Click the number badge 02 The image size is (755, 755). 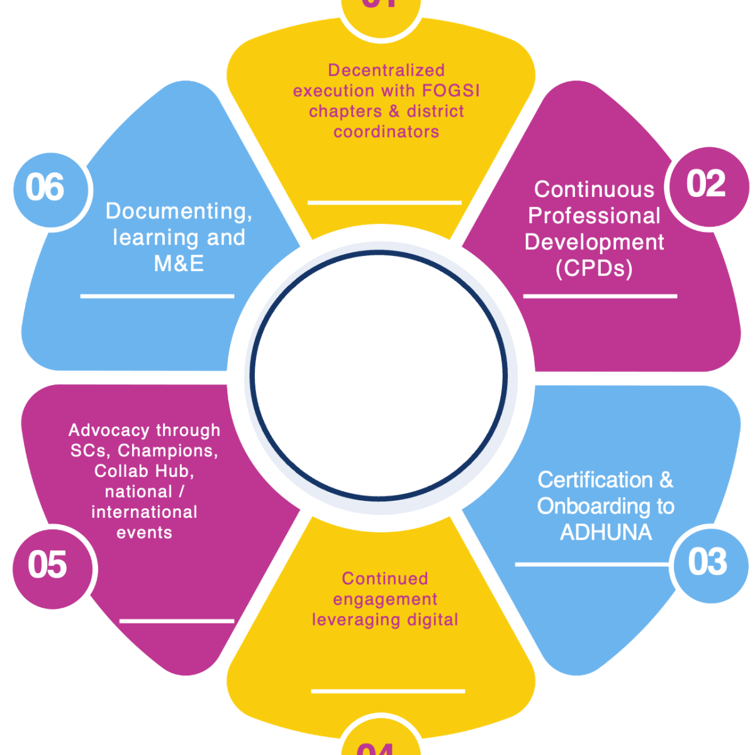click(706, 185)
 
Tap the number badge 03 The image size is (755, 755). click(708, 562)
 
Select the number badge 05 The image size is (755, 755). click(48, 565)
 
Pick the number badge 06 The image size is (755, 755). click(45, 188)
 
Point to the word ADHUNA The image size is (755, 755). click(606, 532)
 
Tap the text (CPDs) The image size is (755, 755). click(594, 269)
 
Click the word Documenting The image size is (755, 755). click(179, 211)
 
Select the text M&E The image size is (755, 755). click(179, 264)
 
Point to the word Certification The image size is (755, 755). click(595, 480)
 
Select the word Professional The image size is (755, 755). click(594, 216)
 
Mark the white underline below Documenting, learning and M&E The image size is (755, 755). click(157, 296)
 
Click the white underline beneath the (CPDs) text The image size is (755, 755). click(600, 296)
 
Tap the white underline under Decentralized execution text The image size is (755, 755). click(384, 203)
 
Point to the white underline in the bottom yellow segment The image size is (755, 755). click(388, 691)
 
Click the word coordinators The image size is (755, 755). click(386, 131)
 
